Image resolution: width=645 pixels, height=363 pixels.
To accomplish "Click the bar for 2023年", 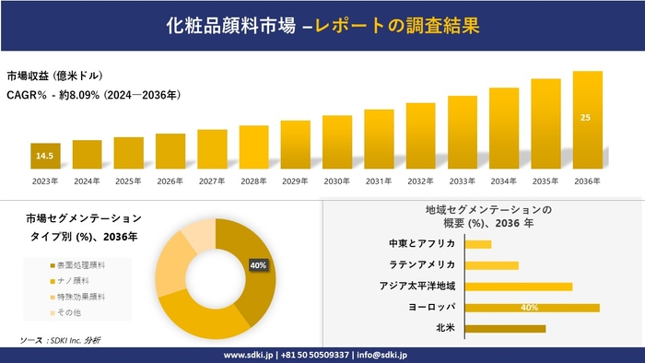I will click(x=45, y=157).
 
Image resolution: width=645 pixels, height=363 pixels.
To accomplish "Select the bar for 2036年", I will click(x=587, y=121).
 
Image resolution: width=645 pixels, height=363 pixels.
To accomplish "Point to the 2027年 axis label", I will click(x=212, y=181).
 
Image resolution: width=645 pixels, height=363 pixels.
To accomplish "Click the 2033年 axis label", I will click(x=463, y=181).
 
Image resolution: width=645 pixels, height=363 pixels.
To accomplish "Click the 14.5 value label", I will click(x=45, y=157).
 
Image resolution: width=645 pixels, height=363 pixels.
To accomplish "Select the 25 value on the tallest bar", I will click(x=587, y=117).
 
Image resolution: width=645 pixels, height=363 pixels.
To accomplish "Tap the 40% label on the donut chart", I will click(x=258, y=265).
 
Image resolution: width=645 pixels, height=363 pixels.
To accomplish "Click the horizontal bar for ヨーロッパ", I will click(x=533, y=307).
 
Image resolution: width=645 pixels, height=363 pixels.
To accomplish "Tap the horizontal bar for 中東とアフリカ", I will click(x=478, y=243).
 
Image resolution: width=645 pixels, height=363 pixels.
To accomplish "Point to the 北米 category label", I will click(x=445, y=328).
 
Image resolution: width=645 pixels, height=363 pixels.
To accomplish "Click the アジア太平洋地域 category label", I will click(x=417, y=286).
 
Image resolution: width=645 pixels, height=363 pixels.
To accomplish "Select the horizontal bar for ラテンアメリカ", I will click(x=492, y=264).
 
